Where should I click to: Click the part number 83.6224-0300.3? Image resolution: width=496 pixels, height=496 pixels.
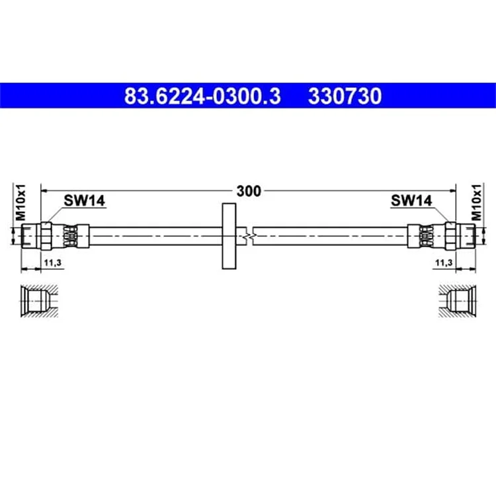pos(202,96)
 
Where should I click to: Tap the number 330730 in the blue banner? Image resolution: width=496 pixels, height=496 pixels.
pos(345,96)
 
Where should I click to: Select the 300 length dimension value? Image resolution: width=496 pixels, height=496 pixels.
pos(249,191)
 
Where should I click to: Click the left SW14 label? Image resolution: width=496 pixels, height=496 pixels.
pos(84,200)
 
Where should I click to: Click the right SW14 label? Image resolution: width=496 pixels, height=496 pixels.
pos(411,200)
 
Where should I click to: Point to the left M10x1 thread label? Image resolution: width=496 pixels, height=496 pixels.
pos(21,202)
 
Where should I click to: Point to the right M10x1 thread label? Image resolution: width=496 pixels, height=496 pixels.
pos(476,202)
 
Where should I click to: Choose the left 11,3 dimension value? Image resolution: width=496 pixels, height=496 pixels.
pos(52,263)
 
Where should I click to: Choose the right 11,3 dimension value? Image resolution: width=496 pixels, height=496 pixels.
pos(444,263)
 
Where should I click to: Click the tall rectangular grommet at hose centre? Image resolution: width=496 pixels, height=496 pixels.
pos(229,236)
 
